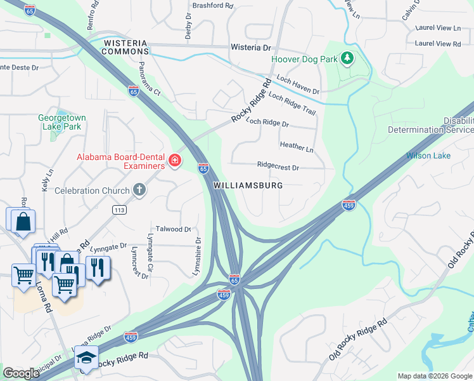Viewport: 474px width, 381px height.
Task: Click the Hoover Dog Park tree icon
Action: (347, 59)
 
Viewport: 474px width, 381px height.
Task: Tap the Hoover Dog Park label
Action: (305, 59)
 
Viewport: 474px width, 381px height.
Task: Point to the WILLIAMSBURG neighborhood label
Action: (248, 186)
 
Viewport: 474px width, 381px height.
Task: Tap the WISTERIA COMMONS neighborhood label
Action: (125, 48)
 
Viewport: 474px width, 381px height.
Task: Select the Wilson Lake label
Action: (428, 155)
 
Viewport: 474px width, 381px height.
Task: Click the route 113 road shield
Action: (118, 210)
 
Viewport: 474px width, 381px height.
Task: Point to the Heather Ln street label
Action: (297, 147)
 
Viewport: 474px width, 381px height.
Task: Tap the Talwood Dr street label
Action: (173, 229)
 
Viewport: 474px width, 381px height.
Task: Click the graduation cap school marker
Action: (86, 359)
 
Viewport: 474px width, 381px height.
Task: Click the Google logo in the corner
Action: (21, 373)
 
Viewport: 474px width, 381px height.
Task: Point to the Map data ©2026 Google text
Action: (434, 376)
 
